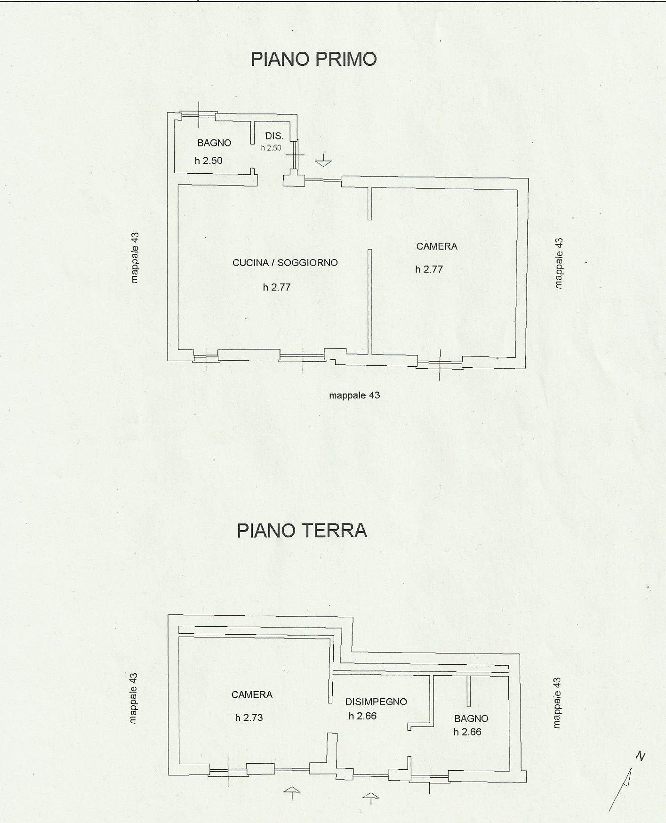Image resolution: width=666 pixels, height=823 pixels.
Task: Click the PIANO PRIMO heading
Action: [x=313, y=59]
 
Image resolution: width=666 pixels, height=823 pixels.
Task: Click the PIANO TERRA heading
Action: [x=302, y=531]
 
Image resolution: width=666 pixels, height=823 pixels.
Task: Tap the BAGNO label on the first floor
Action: [x=214, y=143]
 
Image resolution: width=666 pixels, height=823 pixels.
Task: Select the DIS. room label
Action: [x=274, y=136]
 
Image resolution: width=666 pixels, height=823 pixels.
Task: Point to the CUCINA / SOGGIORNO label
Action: [x=285, y=263]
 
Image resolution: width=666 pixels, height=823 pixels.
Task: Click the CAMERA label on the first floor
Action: [x=437, y=246]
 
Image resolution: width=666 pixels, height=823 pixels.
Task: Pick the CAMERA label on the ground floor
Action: [x=252, y=695]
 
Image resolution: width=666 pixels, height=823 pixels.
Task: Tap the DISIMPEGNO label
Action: [x=376, y=702]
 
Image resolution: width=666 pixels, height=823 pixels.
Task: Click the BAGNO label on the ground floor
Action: [x=471, y=719]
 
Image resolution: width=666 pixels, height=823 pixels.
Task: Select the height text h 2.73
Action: [x=249, y=718]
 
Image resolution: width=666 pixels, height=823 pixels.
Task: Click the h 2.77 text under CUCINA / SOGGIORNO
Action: [x=277, y=287]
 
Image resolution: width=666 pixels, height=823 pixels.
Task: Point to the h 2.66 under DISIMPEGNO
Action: [x=362, y=716]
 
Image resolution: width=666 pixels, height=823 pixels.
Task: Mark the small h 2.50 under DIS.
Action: [x=271, y=148]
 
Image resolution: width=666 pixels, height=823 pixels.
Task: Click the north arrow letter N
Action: [x=640, y=757]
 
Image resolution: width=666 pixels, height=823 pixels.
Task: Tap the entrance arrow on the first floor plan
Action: [x=323, y=160]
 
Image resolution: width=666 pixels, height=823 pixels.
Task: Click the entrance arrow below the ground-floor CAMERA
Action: [x=292, y=793]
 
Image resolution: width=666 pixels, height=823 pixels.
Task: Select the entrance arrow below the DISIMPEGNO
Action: [x=371, y=799]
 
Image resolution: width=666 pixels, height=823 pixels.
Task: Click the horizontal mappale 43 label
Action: [x=354, y=395]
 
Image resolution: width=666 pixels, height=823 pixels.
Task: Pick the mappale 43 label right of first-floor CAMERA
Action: [x=559, y=263]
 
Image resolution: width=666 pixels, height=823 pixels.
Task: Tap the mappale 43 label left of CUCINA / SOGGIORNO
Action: [x=135, y=257]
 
